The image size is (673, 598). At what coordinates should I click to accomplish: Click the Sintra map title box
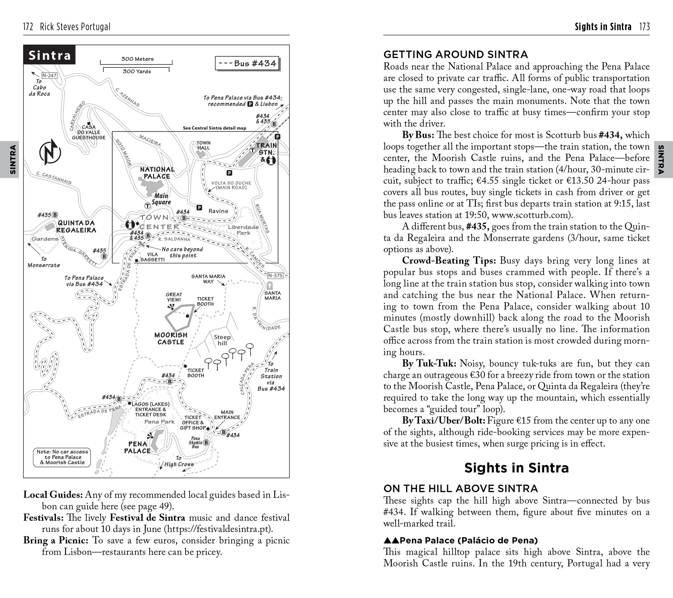click(x=49, y=55)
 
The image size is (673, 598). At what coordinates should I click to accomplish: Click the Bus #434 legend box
click(x=247, y=63)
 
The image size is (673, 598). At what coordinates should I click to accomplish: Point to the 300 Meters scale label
click(x=137, y=59)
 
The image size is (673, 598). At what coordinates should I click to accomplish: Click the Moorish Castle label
click(x=171, y=338)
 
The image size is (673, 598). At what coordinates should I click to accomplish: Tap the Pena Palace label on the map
click(x=137, y=447)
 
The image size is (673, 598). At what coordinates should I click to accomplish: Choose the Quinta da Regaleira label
click(x=76, y=226)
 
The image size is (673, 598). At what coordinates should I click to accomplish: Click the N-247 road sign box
click(x=49, y=75)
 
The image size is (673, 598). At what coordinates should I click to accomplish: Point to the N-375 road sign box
click(x=275, y=276)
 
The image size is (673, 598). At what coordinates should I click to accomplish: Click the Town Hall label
click(x=203, y=145)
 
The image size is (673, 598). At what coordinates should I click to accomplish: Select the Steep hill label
click(x=222, y=340)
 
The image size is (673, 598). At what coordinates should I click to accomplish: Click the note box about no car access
click(x=62, y=457)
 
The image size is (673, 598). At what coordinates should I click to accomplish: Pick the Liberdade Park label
click(x=243, y=230)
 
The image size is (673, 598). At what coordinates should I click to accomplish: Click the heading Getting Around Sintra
click(x=456, y=54)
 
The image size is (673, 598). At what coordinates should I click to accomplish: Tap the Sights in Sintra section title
click(x=516, y=468)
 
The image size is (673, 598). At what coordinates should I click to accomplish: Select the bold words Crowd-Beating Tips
click(x=449, y=261)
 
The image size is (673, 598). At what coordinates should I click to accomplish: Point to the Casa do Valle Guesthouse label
click(x=89, y=132)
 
